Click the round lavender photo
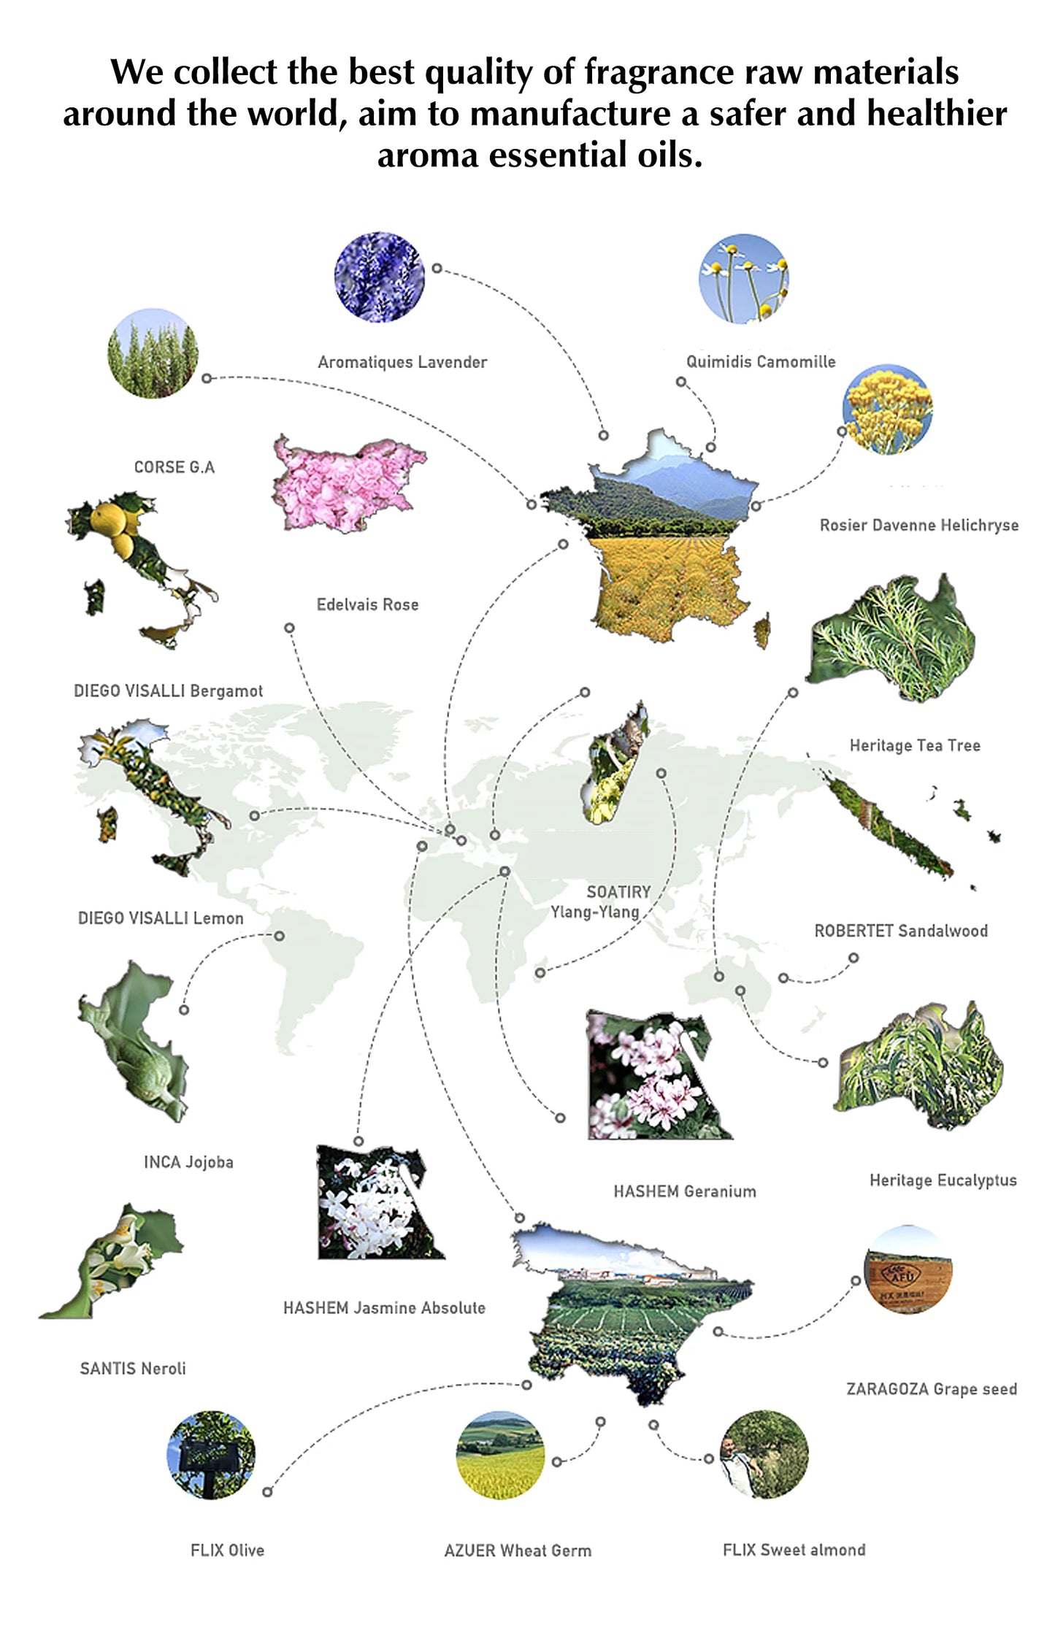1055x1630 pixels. tap(379, 277)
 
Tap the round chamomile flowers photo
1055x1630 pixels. tap(743, 278)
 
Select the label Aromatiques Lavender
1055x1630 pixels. tap(402, 362)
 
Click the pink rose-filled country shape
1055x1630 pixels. tap(349, 483)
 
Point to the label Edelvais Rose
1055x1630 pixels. tap(367, 604)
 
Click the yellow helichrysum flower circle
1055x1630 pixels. tap(887, 410)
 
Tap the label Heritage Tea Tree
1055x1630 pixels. tap(915, 745)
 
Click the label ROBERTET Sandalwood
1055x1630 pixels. tap(901, 931)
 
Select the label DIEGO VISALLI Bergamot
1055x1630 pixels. tap(168, 691)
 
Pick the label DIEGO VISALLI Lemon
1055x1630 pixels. tap(161, 918)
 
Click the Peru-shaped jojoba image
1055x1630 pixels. tap(134, 1042)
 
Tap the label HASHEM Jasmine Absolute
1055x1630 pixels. tap(384, 1307)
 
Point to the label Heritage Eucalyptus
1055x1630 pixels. tap(943, 1180)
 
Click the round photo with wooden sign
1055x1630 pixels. tap(908, 1269)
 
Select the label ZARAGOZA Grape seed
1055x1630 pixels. tap(932, 1389)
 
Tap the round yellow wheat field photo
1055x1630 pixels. tap(500, 1455)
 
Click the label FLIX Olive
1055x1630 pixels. tap(227, 1550)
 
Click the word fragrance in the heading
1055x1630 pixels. tap(659, 73)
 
